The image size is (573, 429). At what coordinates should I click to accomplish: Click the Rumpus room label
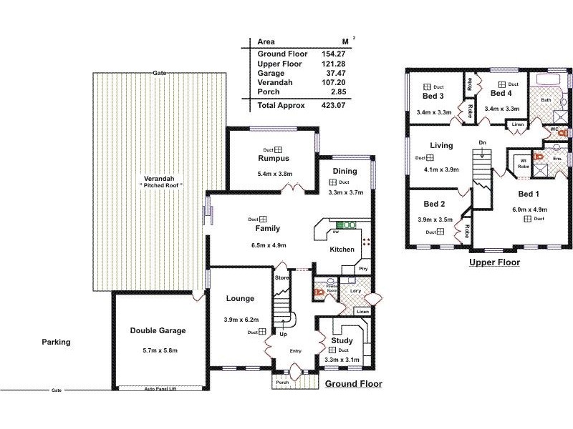(274, 158)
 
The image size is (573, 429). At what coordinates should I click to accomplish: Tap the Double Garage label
(158, 330)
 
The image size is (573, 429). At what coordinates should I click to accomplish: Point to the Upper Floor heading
(494, 262)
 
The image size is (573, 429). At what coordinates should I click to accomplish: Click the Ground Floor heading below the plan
(353, 384)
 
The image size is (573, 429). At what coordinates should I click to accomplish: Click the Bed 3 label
(433, 97)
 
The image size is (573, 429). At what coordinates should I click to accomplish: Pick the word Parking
(56, 342)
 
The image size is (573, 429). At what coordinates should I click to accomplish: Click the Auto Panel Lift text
(160, 389)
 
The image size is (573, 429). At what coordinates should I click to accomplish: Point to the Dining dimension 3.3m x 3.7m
(345, 192)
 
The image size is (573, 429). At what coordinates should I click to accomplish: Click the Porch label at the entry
(282, 383)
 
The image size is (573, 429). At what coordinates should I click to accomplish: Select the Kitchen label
(342, 250)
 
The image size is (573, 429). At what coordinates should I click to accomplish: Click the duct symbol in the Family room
(263, 219)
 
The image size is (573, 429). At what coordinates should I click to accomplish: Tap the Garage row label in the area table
(271, 73)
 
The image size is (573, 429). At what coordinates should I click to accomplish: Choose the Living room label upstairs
(441, 146)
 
